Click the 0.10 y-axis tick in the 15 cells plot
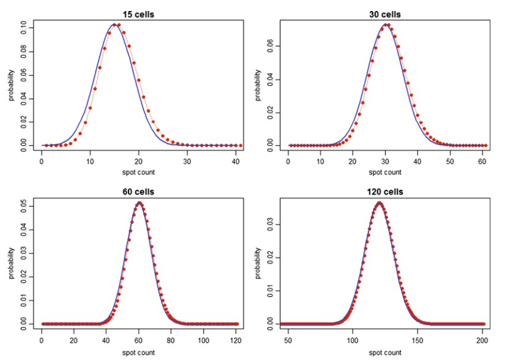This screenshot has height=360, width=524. click(23, 26)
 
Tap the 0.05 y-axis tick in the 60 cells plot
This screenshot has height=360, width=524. click(23, 205)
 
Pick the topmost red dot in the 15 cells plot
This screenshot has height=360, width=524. click(118, 25)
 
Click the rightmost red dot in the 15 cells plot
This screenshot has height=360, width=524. click(241, 145)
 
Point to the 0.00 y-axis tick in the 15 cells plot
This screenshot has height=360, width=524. click(23, 145)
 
